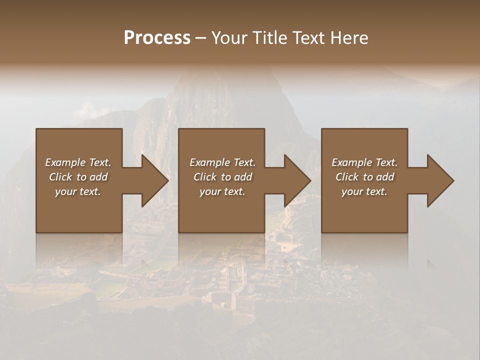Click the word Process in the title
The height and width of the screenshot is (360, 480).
click(x=157, y=38)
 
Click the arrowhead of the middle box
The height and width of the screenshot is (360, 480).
click(x=296, y=180)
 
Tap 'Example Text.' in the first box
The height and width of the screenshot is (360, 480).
click(x=78, y=162)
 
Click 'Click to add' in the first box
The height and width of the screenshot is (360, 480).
click(x=78, y=177)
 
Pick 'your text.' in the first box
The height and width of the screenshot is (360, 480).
click(x=78, y=191)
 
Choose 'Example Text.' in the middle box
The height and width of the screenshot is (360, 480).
click(x=222, y=162)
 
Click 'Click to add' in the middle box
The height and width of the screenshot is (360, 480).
click(x=222, y=177)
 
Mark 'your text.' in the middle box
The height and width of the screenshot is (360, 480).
click(x=222, y=191)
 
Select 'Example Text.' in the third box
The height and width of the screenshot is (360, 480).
click(x=364, y=162)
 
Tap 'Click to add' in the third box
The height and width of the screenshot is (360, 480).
click(x=364, y=177)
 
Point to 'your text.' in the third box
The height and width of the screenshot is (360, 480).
click(x=364, y=191)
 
